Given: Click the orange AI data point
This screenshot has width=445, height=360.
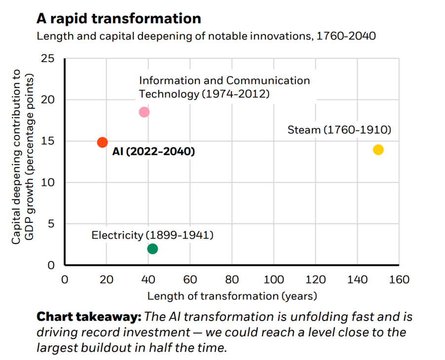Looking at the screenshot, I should pos(102,142).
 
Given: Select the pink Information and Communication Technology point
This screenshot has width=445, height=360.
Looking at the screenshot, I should pos(144,112).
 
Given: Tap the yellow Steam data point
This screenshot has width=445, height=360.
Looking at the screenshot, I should pos(378,149).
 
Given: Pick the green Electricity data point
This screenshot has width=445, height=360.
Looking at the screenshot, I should pos(152,249).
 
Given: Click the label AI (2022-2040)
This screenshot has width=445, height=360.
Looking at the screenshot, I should pos(153,151).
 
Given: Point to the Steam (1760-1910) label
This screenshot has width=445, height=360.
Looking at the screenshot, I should pos(339,130).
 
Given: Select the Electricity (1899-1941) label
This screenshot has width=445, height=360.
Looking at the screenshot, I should pos(152,235).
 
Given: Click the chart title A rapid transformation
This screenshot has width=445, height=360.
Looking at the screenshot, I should pos(118,19).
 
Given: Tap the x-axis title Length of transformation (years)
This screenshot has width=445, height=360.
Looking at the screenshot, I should pos(232,296).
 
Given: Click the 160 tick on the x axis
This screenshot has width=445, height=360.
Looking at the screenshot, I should pos(399,280).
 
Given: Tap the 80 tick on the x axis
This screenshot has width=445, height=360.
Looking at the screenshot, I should pos(232,280).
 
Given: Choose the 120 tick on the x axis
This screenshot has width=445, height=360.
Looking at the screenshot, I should pos(316,280).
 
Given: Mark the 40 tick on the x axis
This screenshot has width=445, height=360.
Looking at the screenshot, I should pos(148,280).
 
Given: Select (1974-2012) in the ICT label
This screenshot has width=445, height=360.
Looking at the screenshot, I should pos(235,94).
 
